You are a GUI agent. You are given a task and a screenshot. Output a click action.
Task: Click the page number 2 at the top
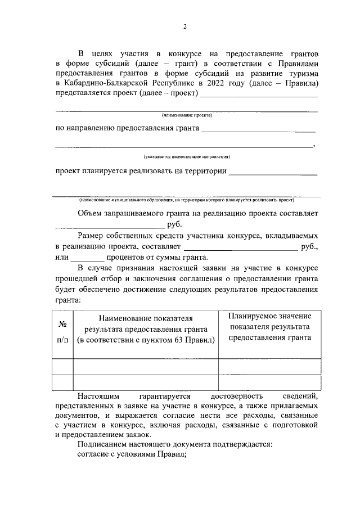coord(184,26)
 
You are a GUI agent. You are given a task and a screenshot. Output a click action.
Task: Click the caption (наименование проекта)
coord(186,115)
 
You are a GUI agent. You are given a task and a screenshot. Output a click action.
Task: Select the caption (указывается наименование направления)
coord(186,156)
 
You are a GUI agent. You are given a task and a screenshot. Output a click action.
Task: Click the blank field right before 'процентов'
coord(88,259)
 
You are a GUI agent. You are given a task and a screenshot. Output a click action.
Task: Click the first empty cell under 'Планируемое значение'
coord(268,367)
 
